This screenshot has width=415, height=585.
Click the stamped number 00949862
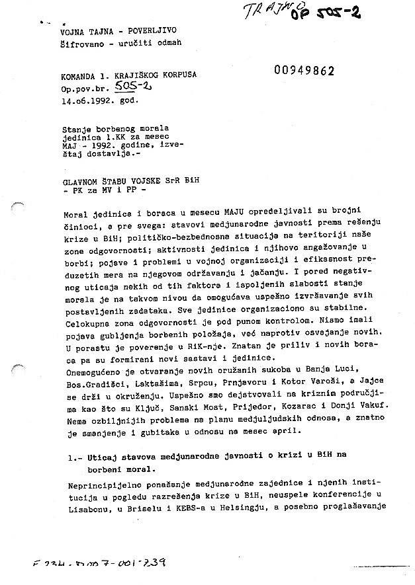coord(304,71)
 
